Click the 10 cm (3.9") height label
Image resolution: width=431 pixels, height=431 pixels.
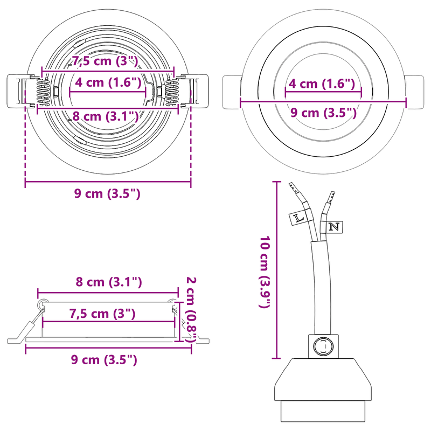(x=265, y=272)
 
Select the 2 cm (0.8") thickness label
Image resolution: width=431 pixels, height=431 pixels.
(x=190, y=309)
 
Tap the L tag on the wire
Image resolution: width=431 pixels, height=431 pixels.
(x=298, y=218)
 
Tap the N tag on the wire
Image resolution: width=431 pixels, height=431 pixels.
(x=334, y=226)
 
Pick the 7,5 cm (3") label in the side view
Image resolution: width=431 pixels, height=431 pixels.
(x=102, y=314)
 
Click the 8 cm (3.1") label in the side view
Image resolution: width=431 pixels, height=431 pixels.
(x=108, y=282)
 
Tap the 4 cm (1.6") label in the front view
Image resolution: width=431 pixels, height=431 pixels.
(x=322, y=84)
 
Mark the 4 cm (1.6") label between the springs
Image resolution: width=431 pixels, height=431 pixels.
(x=108, y=82)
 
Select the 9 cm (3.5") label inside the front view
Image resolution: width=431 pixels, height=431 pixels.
(x=323, y=113)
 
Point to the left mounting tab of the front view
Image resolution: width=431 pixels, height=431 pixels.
(x=231, y=92)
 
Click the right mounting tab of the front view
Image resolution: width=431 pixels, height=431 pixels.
(x=415, y=92)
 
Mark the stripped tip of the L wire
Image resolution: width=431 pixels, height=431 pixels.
(x=294, y=189)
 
